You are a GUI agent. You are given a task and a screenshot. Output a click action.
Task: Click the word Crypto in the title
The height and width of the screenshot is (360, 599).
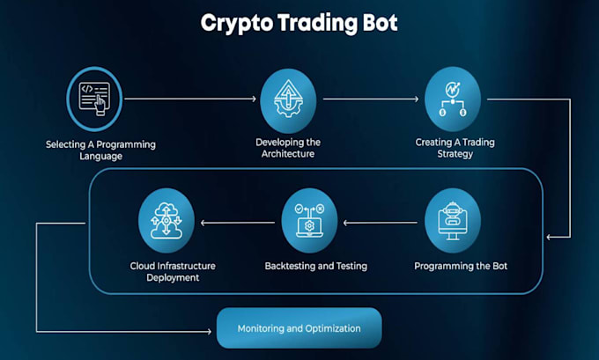point(237,24)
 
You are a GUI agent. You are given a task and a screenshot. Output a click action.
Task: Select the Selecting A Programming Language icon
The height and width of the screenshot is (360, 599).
point(94,99)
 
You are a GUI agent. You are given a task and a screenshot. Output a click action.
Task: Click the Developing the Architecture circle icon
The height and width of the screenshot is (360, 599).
point(288,100)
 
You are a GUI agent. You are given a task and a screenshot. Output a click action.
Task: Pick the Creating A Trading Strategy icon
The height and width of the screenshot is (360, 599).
point(453,99)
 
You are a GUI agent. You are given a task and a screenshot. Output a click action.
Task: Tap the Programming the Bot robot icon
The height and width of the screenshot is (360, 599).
point(453,220)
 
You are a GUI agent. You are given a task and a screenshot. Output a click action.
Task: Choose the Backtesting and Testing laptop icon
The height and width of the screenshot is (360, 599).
point(309,220)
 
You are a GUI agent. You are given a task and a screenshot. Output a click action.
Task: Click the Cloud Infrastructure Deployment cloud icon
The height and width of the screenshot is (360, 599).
point(166,220)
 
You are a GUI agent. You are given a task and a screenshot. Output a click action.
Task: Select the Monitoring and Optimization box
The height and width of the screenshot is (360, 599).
point(299,328)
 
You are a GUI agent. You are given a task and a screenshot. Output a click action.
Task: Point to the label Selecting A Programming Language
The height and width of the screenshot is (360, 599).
point(100,150)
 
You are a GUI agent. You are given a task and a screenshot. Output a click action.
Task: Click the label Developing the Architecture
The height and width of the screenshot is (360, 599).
point(288,148)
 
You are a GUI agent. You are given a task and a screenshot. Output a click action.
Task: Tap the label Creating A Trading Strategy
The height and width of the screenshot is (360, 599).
point(455,148)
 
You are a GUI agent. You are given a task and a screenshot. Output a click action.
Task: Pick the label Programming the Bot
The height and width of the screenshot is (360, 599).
point(461,266)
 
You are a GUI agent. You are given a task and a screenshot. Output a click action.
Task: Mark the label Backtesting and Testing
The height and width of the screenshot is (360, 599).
point(316,266)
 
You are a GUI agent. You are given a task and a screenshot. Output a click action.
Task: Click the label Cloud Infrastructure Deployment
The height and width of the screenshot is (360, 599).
point(173,271)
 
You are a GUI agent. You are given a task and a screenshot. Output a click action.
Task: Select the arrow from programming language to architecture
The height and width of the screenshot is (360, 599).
point(190,99)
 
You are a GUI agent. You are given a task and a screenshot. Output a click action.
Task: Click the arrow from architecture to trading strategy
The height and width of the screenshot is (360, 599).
point(371,99)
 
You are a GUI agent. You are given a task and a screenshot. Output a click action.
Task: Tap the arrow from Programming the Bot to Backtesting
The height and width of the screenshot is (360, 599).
point(381,223)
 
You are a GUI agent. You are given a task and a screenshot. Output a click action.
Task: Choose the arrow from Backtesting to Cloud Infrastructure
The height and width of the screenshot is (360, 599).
point(238,223)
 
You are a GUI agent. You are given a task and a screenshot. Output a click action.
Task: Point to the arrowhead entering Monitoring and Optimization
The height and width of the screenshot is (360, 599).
point(209,331)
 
